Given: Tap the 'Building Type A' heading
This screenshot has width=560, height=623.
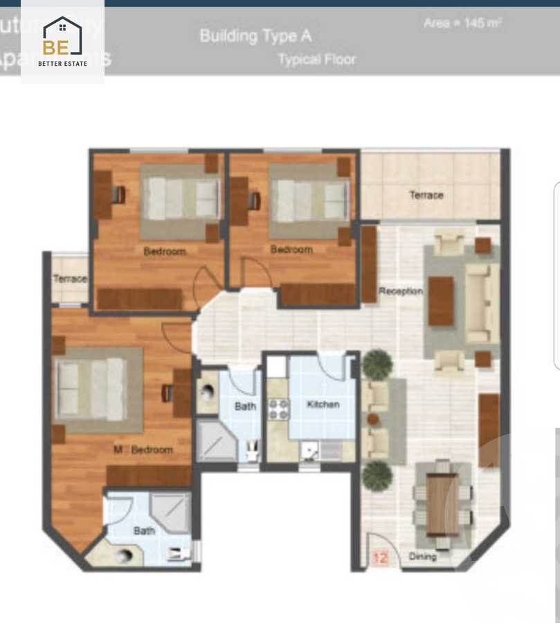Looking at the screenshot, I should click(x=255, y=35).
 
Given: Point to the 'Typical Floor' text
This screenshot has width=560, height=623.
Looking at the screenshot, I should click(x=316, y=60).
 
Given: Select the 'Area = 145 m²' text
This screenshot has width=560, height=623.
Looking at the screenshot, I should click(x=462, y=23).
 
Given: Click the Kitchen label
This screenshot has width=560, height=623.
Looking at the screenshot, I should click(x=323, y=404).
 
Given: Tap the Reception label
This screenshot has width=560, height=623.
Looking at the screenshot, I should click(x=400, y=291).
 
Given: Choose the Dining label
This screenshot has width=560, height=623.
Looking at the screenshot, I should click(x=422, y=556).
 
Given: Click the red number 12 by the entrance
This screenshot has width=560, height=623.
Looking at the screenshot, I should click(x=379, y=557).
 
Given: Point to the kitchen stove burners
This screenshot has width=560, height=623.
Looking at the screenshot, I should click(x=278, y=410).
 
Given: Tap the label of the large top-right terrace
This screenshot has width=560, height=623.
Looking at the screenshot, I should click(x=426, y=195).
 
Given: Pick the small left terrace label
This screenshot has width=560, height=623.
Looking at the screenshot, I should click(x=70, y=279).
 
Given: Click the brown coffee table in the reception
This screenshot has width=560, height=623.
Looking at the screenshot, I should click(x=441, y=301).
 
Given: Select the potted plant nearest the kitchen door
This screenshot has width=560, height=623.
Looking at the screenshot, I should click(x=377, y=363).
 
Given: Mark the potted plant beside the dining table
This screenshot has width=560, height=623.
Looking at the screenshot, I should click(x=377, y=476).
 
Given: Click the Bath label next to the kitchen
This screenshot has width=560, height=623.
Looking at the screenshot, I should click(x=245, y=406).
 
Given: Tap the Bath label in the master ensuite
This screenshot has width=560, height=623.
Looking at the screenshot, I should click(x=144, y=531).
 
